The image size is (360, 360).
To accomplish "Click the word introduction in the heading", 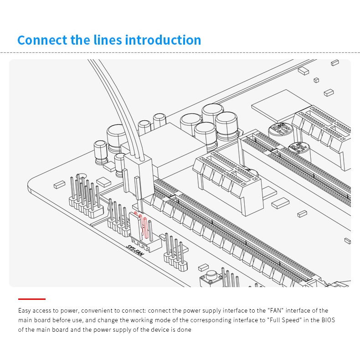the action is point(163,40).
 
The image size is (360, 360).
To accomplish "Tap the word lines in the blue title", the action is point(108,40).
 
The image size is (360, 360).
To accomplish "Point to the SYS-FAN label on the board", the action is point(135,250).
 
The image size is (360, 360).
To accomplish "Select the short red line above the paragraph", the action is point(32,299).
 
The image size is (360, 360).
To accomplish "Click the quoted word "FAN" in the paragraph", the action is point(276,310).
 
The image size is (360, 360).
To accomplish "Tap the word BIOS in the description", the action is point(328,320).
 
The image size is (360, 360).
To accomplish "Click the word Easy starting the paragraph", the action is point(24,311).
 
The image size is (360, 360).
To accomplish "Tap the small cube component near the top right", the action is point(316,80).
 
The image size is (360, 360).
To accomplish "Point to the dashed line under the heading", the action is point(180,52).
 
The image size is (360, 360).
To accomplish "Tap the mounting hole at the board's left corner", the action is point(81,177).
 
